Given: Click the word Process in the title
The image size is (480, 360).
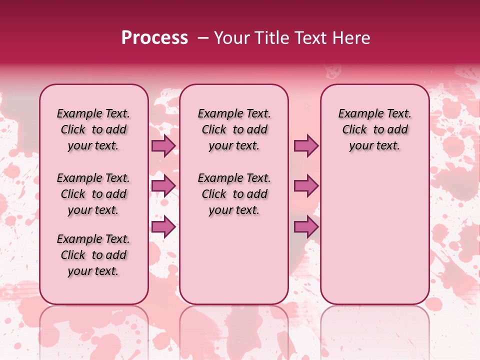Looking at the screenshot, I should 154,38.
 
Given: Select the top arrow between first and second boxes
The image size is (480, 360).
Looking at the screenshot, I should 163,145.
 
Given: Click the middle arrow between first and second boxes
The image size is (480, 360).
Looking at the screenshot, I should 163,186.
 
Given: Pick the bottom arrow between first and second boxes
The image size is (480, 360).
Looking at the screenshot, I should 163,227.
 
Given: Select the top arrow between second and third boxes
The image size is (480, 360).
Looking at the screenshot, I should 306,145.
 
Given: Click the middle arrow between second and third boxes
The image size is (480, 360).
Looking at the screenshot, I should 306,186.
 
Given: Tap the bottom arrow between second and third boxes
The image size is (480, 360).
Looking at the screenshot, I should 306,227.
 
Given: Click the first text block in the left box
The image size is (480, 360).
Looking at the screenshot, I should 93,129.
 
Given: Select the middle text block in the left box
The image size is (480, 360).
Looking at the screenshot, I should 93,194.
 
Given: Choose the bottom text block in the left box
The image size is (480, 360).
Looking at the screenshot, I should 93,255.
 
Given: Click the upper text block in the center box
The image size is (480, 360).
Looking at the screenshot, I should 234,129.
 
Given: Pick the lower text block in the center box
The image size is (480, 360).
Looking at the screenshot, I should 234,194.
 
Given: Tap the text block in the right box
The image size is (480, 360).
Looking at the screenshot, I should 374,129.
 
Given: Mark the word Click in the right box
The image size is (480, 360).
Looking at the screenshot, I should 354,130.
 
